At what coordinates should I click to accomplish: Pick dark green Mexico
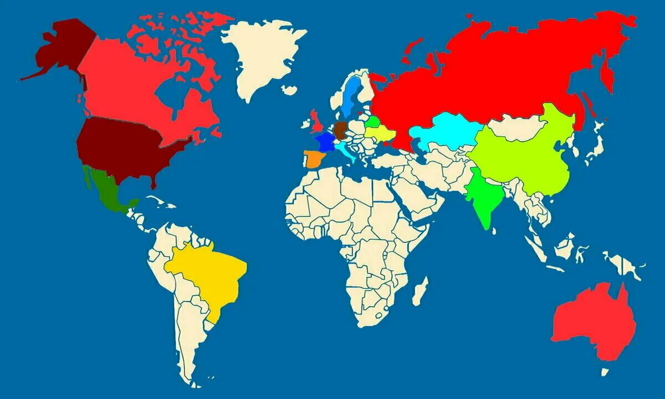108,191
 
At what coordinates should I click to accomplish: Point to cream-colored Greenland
260,55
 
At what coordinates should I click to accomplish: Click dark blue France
324,140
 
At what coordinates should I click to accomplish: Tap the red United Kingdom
318,119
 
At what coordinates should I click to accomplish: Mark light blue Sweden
350,94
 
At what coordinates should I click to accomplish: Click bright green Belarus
374,121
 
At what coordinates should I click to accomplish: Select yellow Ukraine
381,133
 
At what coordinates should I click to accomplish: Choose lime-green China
526,155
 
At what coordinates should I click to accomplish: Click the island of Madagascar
421,291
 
